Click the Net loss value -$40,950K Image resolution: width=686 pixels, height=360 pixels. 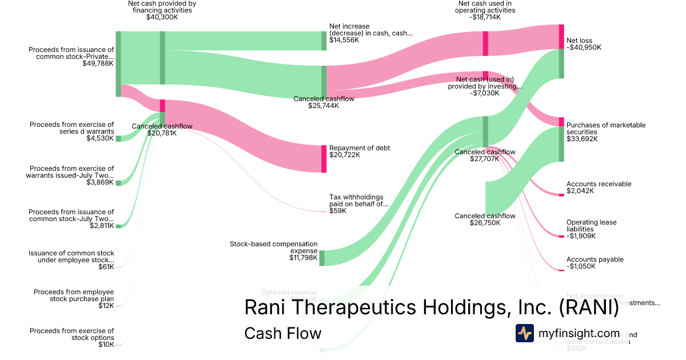(x=584, y=47)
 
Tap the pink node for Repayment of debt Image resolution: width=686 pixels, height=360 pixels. (x=324, y=159)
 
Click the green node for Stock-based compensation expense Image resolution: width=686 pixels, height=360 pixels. (x=322, y=258)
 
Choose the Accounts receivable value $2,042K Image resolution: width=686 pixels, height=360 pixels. (x=580, y=191)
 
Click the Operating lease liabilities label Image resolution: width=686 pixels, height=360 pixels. (x=591, y=226)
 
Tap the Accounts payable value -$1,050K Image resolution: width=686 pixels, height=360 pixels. (x=581, y=266)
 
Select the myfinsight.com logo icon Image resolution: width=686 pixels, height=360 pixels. (x=524, y=333)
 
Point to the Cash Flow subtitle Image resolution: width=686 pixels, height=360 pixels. (x=282, y=333)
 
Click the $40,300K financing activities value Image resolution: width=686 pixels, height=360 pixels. (x=162, y=17)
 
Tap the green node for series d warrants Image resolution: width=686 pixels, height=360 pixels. (x=118, y=138)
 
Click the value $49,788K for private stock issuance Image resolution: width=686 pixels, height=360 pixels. (x=98, y=63)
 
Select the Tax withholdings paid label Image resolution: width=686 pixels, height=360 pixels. (x=358, y=201)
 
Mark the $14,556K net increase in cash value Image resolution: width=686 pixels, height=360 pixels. (x=345, y=40)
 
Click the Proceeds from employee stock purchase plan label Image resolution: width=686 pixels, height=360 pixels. (x=73, y=295)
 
